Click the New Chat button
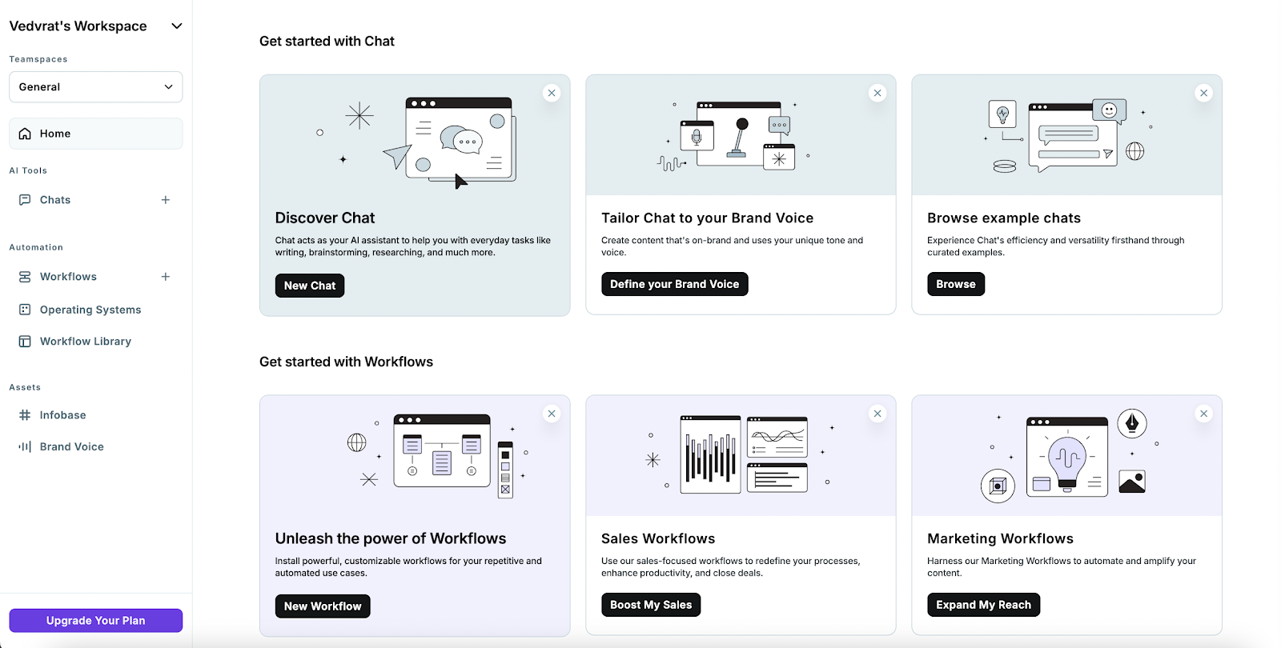[x=309, y=286]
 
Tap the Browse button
[x=955, y=284]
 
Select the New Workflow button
[x=322, y=606]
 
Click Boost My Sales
[x=650, y=605]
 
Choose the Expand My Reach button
[x=983, y=605]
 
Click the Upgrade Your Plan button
[x=95, y=621]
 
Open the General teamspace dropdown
[x=95, y=87]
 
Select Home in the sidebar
[x=55, y=134]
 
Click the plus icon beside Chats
[x=166, y=200]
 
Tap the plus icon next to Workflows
[x=166, y=277]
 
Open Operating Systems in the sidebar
[x=90, y=310]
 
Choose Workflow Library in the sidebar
[x=85, y=342]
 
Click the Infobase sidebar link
[x=62, y=415]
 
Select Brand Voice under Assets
[x=71, y=447]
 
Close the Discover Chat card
[x=552, y=93]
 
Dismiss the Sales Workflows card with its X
[x=877, y=414]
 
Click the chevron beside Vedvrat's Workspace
[x=177, y=26]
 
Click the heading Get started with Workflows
[x=346, y=362]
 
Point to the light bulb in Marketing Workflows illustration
[x=1066, y=461]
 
